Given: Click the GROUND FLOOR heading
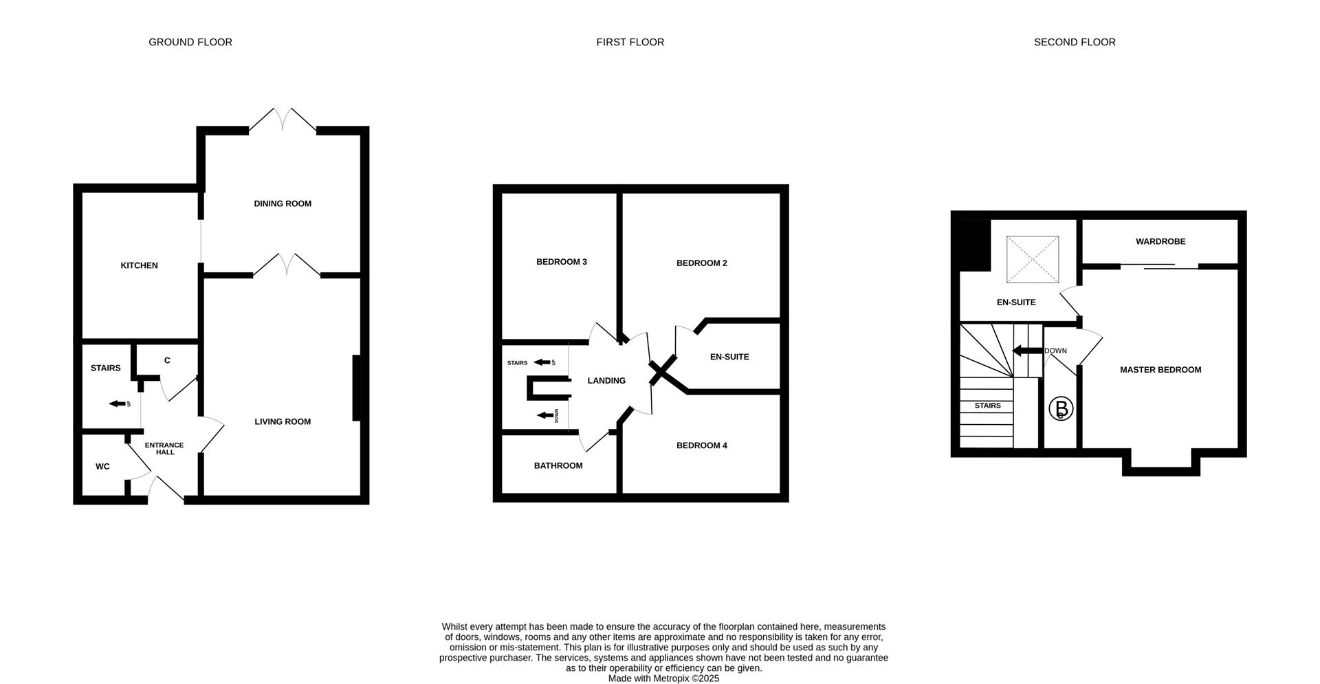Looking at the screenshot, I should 190,42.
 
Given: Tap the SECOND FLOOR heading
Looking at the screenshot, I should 1074,42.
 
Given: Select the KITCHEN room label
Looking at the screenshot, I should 139,265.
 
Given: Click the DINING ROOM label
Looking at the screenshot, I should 283,203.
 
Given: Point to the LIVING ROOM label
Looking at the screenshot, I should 283,421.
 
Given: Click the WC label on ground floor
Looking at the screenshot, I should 102,466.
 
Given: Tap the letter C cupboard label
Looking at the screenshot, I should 167,361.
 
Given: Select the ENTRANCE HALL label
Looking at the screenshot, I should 164,448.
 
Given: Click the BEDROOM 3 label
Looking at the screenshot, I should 561,262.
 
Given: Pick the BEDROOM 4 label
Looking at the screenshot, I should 701,445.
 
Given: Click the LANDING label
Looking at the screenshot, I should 606,380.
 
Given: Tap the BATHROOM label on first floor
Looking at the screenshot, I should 558,465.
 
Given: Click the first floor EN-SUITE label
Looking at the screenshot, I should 729,357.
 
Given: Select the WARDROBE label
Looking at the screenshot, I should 1160,241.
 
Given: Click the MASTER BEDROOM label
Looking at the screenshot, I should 1160,370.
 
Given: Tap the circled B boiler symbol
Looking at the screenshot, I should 1060,409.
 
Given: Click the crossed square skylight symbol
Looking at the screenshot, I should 1033,259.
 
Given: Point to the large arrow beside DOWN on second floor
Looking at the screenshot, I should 1026,351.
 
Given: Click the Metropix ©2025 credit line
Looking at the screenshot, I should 663,678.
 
